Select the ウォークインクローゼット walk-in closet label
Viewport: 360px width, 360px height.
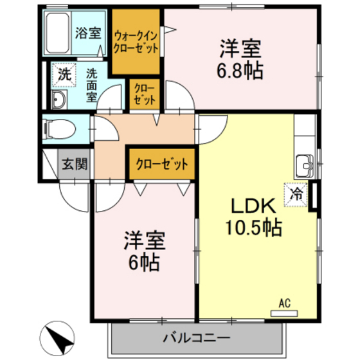tap(136, 42)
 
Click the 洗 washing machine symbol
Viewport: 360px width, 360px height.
tap(63, 74)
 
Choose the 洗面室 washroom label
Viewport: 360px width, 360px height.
tap(91, 83)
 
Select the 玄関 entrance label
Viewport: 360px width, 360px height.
tap(74, 163)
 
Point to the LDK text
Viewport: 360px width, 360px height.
tap(253, 206)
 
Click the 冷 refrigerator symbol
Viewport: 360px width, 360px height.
tap(298, 192)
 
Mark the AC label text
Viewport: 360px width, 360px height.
tap(283, 303)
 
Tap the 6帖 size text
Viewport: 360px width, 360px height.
tap(145, 262)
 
